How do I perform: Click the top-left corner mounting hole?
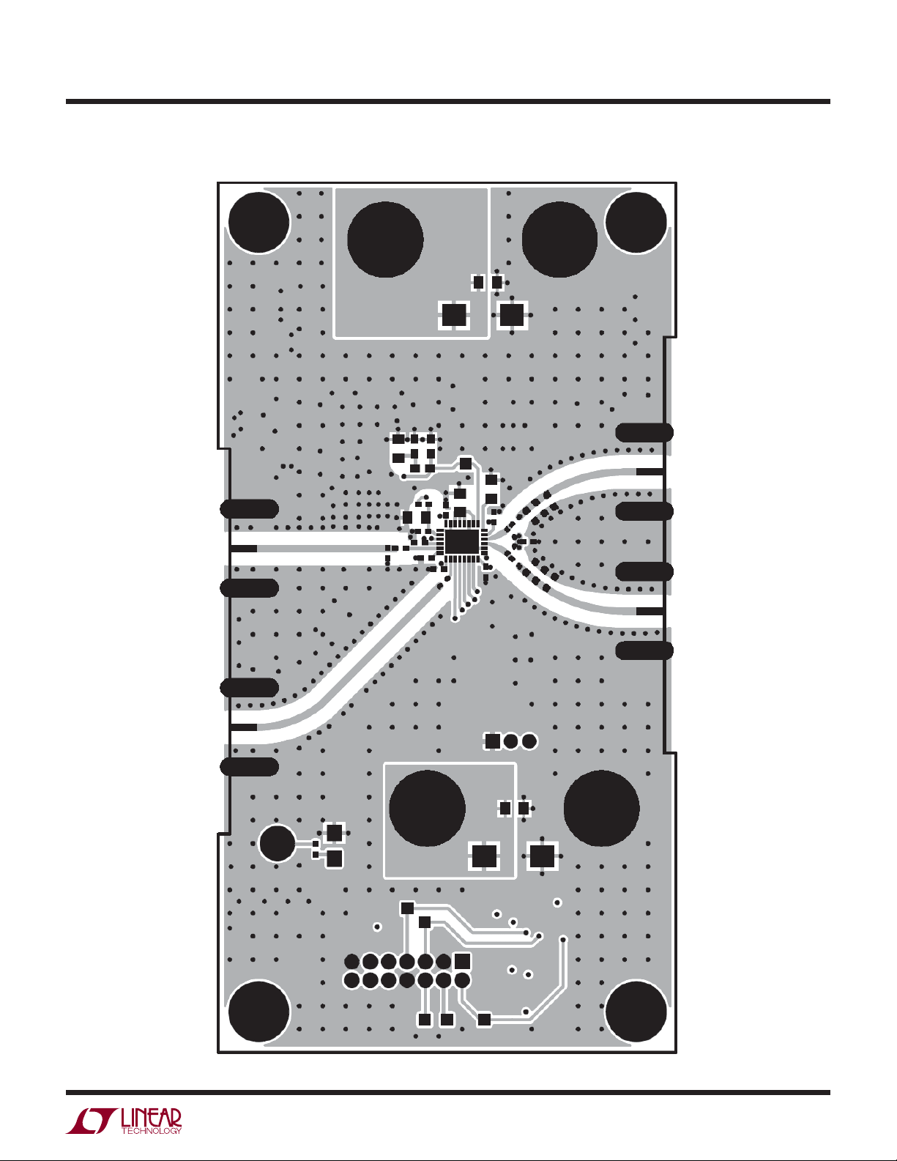[x=259, y=222]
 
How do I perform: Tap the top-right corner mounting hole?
[x=636, y=222]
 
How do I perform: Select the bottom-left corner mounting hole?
[x=259, y=1012]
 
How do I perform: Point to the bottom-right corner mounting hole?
[x=636, y=1012]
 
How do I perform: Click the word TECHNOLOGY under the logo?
[x=152, y=1130]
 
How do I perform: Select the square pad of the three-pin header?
[x=492, y=741]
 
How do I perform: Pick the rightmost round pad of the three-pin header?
[x=529, y=741]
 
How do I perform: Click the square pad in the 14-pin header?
[x=462, y=961]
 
